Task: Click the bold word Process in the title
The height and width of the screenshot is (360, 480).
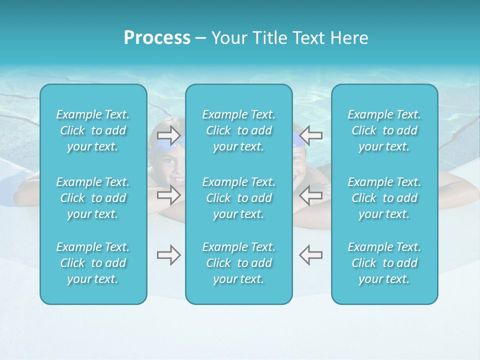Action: click(x=157, y=38)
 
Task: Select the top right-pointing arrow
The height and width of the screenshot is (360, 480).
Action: click(x=168, y=134)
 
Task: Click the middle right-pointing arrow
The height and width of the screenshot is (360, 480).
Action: click(x=168, y=194)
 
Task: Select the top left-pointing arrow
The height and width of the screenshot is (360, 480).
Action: click(x=310, y=134)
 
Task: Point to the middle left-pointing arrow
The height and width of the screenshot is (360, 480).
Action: click(x=310, y=194)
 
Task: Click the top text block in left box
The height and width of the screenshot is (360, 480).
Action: click(x=93, y=130)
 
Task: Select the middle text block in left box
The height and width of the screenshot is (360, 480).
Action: click(x=93, y=198)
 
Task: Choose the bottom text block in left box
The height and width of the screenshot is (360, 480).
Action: click(x=93, y=263)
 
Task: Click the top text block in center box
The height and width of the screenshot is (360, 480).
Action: click(x=238, y=130)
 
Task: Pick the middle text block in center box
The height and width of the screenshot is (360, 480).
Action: click(x=238, y=198)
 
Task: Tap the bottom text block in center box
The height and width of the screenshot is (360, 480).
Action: click(x=238, y=263)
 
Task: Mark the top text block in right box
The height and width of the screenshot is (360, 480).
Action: click(x=384, y=130)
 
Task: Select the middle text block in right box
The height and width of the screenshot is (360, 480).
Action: click(x=384, y=198)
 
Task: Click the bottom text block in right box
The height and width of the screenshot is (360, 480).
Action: click(x=384, y=263)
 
